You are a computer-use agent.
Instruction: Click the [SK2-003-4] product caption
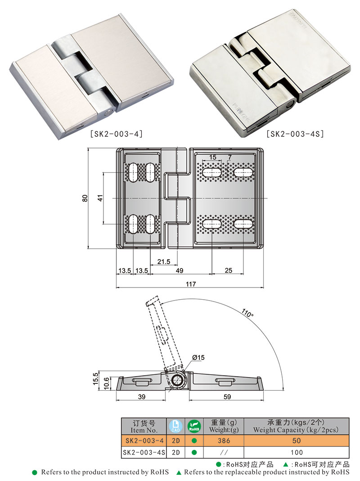[x=116, y=134]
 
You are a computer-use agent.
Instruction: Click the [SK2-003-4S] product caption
[x=295, y=134]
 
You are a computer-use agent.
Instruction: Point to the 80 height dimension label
[x=85, y=198]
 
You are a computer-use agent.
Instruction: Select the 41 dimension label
[x=100, y=198]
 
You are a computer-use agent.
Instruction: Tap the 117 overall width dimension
[x=191, y=284]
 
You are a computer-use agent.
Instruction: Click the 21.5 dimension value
[x=164, y=262]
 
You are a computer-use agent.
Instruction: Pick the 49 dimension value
[x=180, y=270]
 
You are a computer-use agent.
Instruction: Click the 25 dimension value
[x=229, y=270]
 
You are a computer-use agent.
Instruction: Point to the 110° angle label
[x=247, y=314]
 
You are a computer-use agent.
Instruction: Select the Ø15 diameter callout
[x=198, y=357]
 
